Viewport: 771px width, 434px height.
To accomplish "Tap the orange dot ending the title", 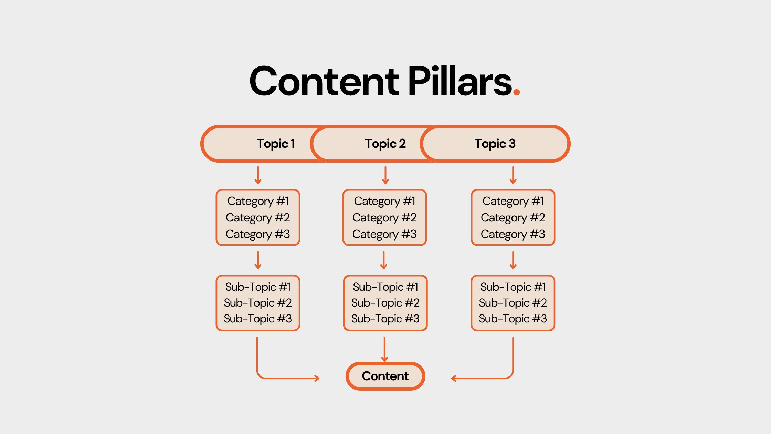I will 516,92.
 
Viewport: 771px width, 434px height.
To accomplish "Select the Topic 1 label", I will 276,144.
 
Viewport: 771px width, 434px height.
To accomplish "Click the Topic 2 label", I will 385,144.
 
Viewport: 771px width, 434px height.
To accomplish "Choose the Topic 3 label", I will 495,144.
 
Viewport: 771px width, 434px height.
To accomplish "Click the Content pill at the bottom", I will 385,376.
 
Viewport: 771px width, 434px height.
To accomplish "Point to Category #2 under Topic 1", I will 258,218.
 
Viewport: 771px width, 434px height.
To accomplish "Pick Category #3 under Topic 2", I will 384,234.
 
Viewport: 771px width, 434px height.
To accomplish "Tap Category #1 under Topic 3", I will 513,201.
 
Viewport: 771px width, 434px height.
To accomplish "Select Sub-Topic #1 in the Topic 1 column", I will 258,287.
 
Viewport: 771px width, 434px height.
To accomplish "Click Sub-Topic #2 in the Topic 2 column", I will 385,303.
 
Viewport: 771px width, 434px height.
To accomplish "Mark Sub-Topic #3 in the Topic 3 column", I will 513,319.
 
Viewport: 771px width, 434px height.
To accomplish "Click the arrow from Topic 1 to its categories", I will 258,175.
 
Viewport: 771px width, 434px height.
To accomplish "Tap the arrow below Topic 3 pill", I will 513,175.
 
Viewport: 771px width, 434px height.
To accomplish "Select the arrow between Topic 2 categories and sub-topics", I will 384,260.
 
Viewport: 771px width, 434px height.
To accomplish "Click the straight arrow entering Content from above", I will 384,349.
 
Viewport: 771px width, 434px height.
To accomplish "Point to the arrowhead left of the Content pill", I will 317,379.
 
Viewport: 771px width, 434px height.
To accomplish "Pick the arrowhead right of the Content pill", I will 454,379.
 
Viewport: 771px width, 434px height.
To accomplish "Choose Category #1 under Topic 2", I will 384,201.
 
